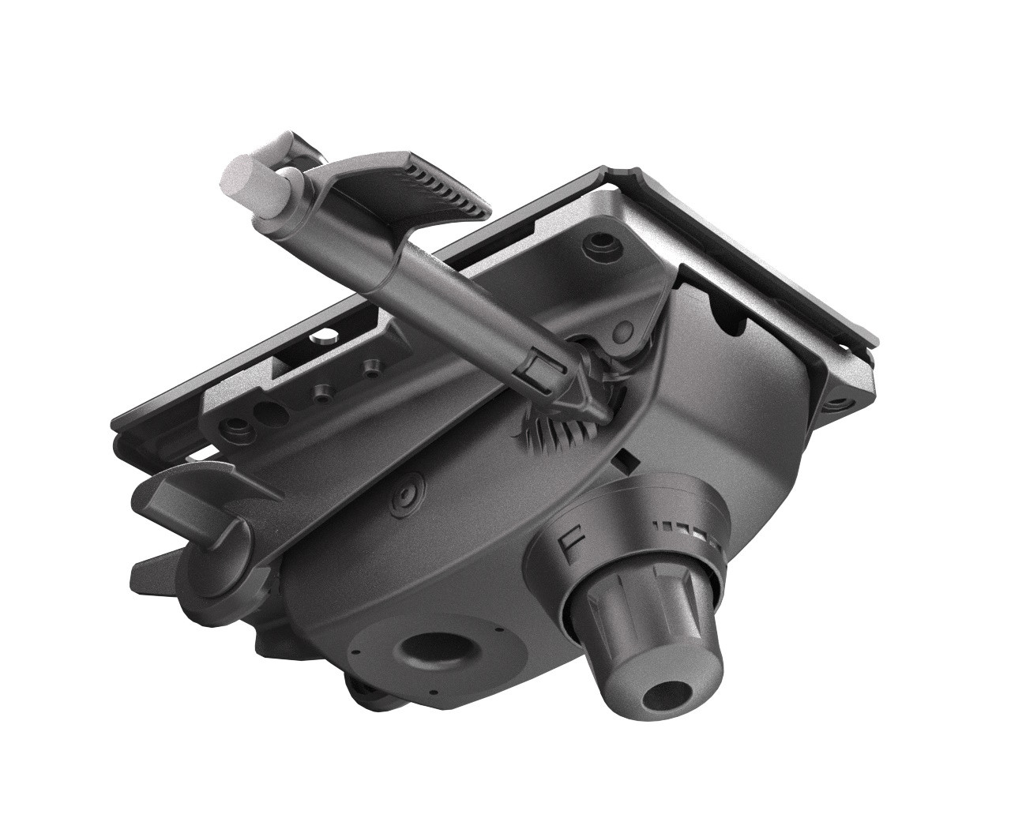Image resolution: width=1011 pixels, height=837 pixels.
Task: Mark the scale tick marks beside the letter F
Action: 687,531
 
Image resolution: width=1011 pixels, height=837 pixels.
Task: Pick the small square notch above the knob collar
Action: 627,457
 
